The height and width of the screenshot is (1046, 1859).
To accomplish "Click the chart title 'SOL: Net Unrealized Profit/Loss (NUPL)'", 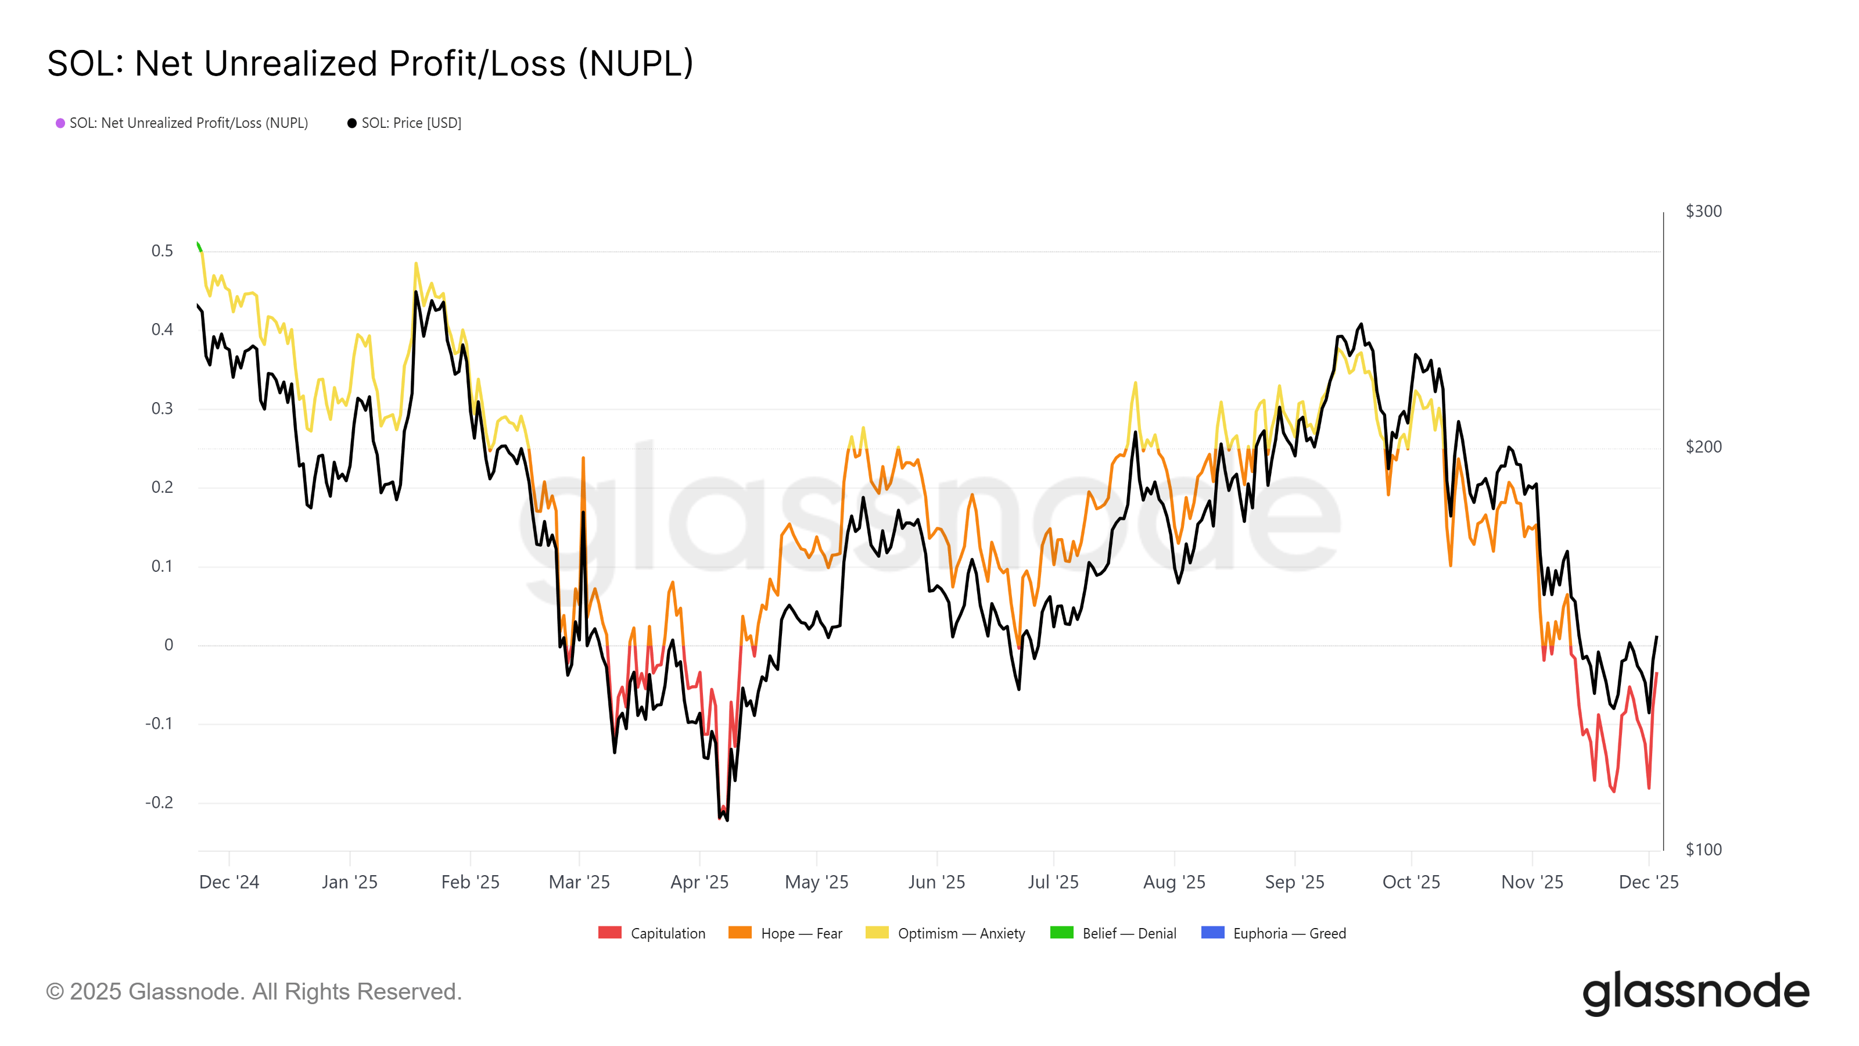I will (x=370, y=63).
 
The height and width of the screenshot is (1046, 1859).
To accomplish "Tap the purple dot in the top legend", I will (x=60, y=123).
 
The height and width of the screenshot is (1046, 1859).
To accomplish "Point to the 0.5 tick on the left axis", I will (x=163, y=251).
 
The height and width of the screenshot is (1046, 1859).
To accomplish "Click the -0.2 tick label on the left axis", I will (x=160, y=803).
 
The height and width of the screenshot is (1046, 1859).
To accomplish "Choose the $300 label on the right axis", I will (x=1703, y=212).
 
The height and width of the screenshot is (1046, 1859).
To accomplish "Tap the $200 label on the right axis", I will (x=1703, y=447).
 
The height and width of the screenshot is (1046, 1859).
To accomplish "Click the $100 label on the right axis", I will (x=1703, y=850).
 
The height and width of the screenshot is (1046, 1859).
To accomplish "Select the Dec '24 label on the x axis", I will (x=229, y=882).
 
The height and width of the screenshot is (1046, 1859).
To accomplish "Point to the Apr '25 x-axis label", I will (x=699, y=882).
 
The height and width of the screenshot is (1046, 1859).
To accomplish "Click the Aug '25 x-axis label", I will (x=1174, y=882).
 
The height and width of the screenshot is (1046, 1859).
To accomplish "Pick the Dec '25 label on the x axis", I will (x=1648, y=882).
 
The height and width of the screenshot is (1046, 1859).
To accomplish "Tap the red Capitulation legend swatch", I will (x=610, y=933).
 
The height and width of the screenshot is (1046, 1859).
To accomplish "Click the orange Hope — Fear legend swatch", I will (x=740, y=933).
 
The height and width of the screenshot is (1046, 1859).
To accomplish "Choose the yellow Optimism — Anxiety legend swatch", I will (x=877, y=933).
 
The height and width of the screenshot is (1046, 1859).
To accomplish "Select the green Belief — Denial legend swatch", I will (x=1061, y=933).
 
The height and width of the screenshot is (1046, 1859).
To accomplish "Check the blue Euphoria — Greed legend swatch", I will (x=1212, y=933).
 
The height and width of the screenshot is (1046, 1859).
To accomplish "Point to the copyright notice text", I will (x=254, y=992).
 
